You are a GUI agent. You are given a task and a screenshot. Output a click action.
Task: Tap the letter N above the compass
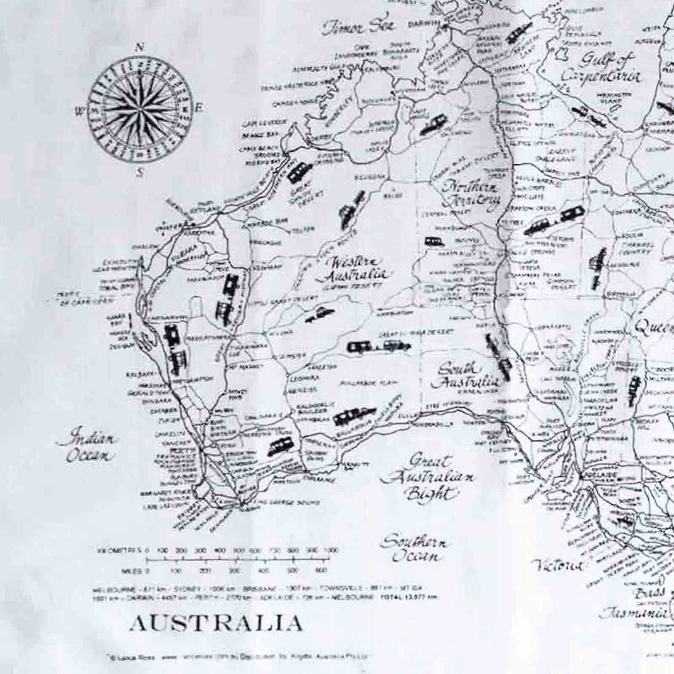139,47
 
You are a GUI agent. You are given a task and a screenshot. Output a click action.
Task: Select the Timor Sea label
359,27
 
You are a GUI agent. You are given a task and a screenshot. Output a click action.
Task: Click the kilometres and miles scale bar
237,560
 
